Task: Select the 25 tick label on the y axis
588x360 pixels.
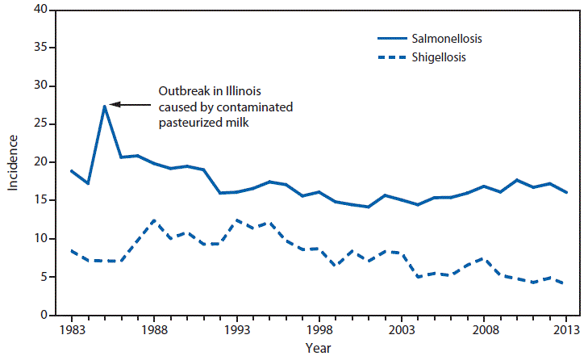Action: point(40,124)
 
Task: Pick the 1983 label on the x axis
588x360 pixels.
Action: point(72,329)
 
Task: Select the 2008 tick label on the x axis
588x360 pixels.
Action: point(484,329)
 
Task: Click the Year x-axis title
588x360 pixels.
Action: point(318,349)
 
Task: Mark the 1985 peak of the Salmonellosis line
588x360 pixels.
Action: point(105,106)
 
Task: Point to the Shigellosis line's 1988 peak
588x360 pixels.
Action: point(154,220)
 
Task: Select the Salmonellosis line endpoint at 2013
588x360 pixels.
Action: point(567,192)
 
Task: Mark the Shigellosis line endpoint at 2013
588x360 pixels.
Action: point(567,283)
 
